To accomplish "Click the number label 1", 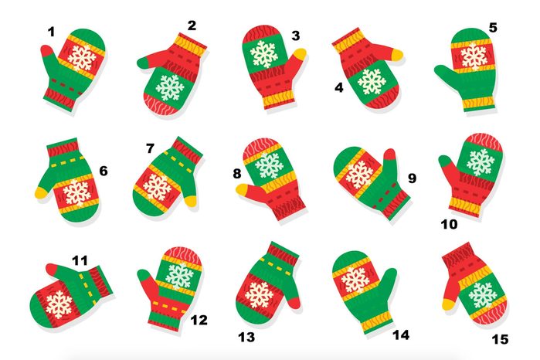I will click(x=51, y=32).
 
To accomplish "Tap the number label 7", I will click(x=150, y=148).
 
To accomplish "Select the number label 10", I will click(x=449, y=224).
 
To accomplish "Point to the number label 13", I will click(x=246, y=337).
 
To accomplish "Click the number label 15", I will click(x=500, y=338).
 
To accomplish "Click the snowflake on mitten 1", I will click(x=80, y=56).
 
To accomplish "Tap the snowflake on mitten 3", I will click(x=265, y=53).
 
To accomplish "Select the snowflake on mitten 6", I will click(x=77, y=192).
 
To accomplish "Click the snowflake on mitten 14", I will click(x=355, y=280).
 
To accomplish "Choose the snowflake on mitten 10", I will click(x=480, y=161).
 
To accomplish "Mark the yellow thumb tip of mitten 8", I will click(x=243, y=189).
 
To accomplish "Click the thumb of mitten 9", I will click(x=390, y=165).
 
